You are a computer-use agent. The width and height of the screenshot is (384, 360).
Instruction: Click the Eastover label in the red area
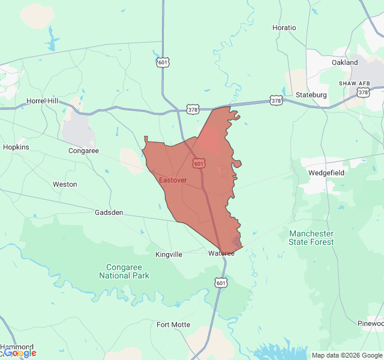[173, 180]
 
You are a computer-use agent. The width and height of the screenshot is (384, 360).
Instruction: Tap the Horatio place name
[284, 28]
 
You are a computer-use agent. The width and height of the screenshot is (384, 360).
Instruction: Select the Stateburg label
[311, 95]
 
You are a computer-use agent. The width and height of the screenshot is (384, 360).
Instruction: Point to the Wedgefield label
[325, 172]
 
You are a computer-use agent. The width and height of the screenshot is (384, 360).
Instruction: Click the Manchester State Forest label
[311, 238]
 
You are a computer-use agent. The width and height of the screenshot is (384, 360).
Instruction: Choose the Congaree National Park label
[124, 271]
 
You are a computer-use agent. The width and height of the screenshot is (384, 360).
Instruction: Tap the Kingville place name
[169, 254]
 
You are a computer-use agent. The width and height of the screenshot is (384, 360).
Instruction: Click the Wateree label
[221, 253]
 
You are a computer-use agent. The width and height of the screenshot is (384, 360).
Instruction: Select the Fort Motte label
[173, 325]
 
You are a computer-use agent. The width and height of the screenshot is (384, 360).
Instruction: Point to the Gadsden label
[109, 212]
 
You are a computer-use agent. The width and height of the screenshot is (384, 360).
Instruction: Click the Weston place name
[65, 184]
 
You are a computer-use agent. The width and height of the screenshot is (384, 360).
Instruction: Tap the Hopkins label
[16, 147]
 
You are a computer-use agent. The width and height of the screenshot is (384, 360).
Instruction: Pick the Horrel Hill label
[42, 101]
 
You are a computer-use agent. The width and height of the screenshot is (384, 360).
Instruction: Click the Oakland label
[344, 62]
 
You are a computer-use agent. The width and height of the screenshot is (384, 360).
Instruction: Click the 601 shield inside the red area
[199, 163]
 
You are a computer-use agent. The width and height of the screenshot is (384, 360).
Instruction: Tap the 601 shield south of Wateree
[221, 283]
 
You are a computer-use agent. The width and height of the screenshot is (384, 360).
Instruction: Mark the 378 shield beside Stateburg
[275, 100]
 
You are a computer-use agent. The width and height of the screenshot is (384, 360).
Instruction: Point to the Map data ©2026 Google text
[347, 355]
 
